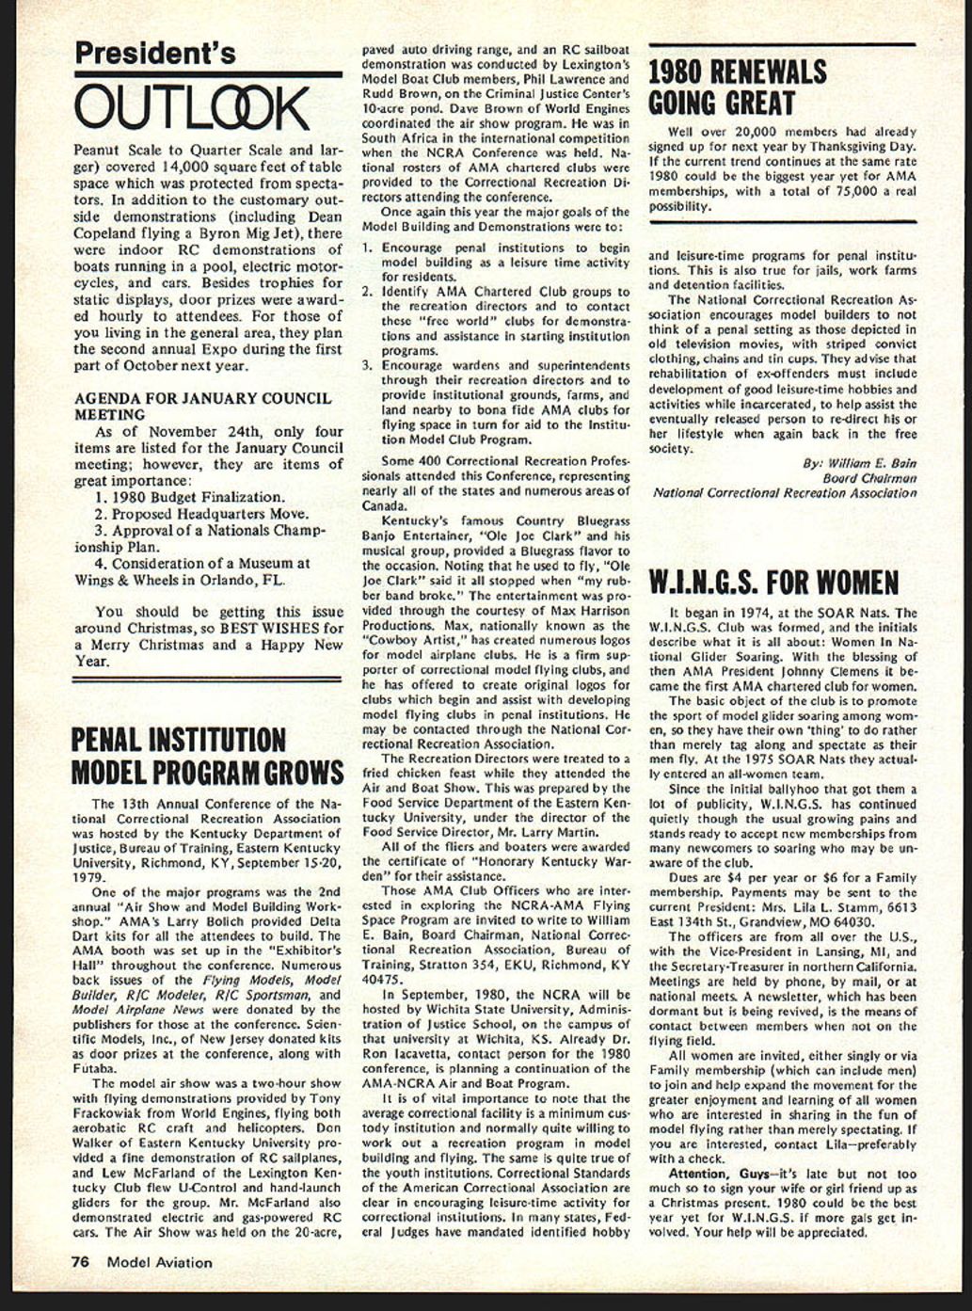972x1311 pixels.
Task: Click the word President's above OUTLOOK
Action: (x=155, y=53)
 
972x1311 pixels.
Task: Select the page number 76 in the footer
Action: (x=81, y=1262)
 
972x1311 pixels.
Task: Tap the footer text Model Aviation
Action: (x=159, y=1262)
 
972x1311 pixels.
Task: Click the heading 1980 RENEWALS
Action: (x=738, y=72)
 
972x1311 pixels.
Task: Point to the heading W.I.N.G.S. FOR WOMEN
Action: (x=773, y=583)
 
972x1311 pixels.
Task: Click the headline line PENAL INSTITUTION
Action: (x=179, y=739)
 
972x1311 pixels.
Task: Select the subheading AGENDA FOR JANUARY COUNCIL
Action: (x=202, y=398)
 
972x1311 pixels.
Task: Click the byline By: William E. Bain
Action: (x=859, y=463)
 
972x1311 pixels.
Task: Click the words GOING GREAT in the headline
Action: (x=722, y=104)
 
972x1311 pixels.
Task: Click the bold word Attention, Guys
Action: (x=704, y=1174)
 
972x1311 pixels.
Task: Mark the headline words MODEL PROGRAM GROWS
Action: (x=208, y=774)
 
